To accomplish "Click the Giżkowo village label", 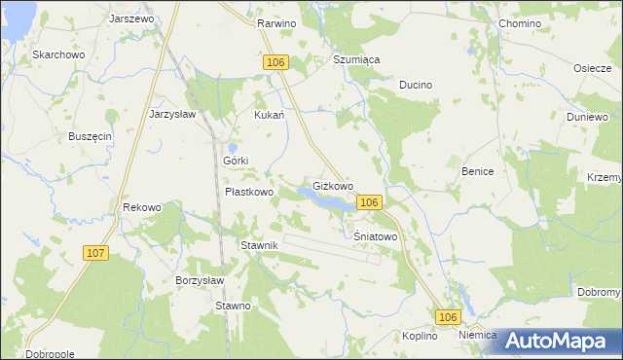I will point(332,185).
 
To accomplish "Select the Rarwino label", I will point(276,21).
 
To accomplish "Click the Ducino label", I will point(415,85).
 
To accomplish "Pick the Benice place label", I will point(477,171).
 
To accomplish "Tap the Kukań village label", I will point(269,115).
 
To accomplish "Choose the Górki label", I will point(237,160).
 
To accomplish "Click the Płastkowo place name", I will point(249,192).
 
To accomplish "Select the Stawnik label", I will point(260,245).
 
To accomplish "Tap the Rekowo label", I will point(141,207).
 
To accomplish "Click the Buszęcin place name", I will point(90,136).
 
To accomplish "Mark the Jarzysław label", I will point(172,113).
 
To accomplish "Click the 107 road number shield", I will point(95,253).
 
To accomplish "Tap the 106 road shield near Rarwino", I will point(275,62).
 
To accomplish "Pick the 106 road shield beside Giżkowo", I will point(368,201).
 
